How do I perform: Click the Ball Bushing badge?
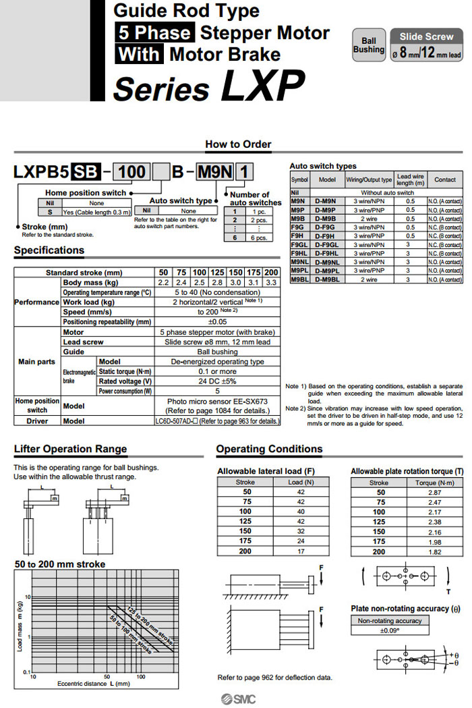click(369, 45)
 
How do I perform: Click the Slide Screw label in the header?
click(426, 36)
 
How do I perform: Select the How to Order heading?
click(238, 144)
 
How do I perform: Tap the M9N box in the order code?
click(211, 172)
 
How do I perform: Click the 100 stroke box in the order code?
click(131, 172)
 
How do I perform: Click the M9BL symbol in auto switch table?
click(299, 278)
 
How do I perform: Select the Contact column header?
click(445, 180)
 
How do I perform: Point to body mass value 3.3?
click(270, 282)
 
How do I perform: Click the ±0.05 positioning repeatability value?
click(217, 322)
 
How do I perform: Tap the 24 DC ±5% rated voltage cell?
click(217, 381)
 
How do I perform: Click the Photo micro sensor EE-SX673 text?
click(217, 401)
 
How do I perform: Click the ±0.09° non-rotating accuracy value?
click(390, 630)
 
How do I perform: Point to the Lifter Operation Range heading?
click(70, 449)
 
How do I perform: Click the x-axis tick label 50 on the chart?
click(107, 675)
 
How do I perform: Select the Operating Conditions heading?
click(269, 449)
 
